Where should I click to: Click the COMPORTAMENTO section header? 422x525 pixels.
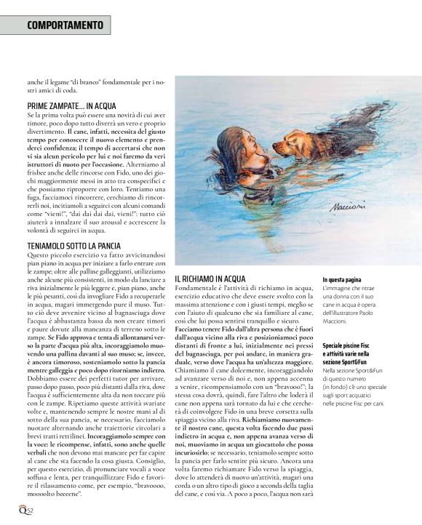[x=64, y=25]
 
